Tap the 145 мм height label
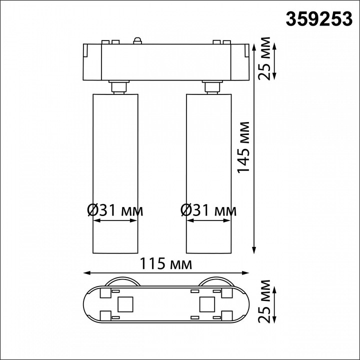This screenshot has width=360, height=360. [x=243, y=147]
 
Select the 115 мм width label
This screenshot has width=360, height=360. [x=165, y=263]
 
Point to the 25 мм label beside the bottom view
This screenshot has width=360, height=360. [x=266, y=302]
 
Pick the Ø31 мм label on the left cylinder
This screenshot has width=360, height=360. [x=115, y=210]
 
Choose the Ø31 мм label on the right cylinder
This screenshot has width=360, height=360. [x=208, y=210]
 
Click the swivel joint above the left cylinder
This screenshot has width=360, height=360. [x=118, y=87]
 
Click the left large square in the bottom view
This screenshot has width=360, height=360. [x=124, y=303]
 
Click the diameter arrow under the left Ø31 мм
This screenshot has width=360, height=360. [x=115, y=223]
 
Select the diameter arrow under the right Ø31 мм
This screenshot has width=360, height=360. [x=208, y=223]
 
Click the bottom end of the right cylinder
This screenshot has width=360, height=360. [x=208, y=252]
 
